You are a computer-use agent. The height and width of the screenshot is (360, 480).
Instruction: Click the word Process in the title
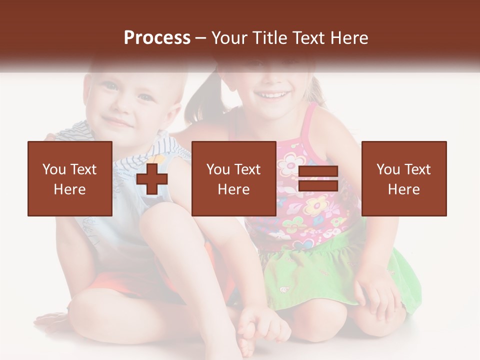tap(157, 38)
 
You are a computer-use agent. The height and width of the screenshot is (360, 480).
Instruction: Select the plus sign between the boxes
tap(152, 179)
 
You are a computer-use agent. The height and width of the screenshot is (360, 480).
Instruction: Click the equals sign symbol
tap(318, 179)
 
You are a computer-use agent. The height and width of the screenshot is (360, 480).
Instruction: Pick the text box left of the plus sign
tap(70, 178)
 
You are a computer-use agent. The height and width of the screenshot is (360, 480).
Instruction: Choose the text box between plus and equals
tap(234, 178)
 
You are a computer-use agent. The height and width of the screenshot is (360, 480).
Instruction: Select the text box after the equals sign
tap(404, 178)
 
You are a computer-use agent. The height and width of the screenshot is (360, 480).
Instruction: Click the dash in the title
tap(201, 38)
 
